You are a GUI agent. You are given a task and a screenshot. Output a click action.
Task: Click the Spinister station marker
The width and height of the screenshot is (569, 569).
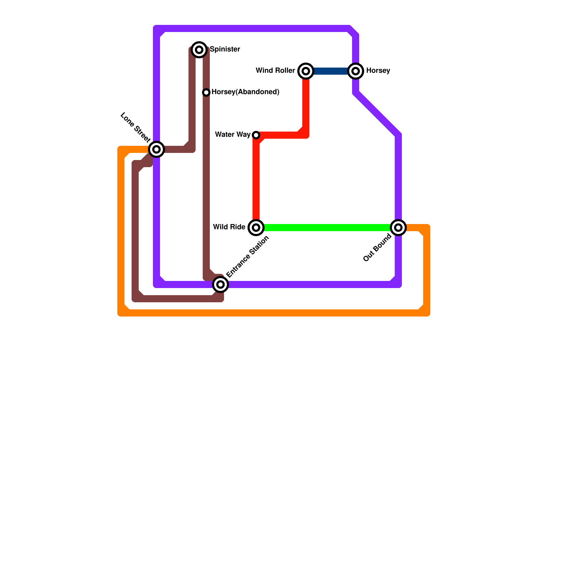coord(199,50)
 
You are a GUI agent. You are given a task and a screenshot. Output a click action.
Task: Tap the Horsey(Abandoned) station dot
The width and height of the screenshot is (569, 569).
coord(206,92)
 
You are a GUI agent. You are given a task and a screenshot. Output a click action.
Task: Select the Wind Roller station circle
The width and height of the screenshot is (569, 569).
coord(306,71)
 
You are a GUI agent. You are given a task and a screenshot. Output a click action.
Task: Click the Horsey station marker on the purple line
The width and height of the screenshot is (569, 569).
coord(356,71)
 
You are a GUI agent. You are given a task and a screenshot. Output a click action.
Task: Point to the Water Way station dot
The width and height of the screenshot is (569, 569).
coord(256,135)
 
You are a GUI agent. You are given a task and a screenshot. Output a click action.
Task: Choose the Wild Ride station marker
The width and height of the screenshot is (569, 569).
coord(256,228)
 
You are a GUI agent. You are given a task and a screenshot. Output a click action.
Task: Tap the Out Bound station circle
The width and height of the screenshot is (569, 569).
coord(398,228)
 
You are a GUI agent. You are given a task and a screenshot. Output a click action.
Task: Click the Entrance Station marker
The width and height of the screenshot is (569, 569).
coord(220,284)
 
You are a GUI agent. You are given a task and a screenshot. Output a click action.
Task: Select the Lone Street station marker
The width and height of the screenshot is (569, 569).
coord(156,149)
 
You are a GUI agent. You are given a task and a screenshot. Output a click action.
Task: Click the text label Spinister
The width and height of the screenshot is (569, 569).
coord(225,49)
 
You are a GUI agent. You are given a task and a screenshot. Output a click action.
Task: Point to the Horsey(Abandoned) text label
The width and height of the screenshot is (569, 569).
coord(245,92)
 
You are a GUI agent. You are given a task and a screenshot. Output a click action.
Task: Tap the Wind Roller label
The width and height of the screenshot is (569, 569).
coord(275,71)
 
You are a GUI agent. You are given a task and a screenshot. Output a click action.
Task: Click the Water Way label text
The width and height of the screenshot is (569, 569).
coord(233,135)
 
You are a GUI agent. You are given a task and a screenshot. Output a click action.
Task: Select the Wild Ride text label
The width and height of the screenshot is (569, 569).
coord(229,227)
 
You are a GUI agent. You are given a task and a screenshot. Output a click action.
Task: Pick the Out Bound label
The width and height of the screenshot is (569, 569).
coord(377,248)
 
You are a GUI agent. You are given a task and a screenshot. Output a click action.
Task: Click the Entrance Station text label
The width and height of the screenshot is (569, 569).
coord(248,257)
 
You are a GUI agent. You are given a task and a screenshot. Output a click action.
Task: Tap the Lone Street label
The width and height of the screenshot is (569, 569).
coord(135,127)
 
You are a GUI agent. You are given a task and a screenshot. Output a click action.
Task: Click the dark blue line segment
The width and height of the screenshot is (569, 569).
coord(331,71)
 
